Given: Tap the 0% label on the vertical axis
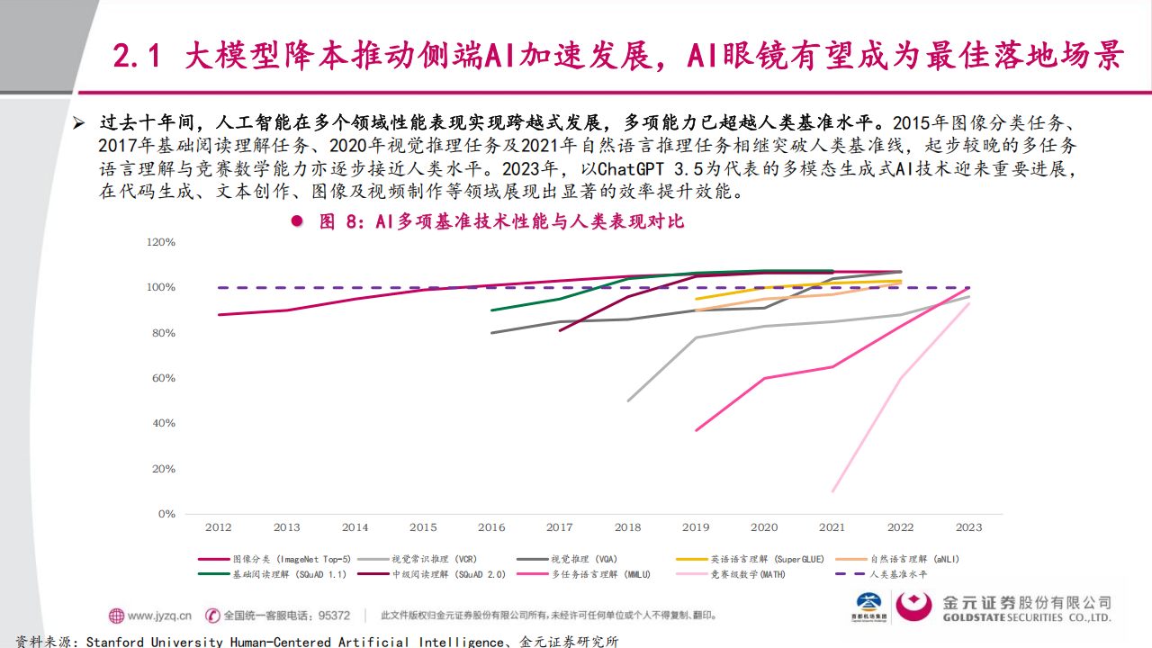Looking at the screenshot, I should (167, 514).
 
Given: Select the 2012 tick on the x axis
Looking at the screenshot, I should (219, 527).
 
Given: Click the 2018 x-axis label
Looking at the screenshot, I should (628, 527).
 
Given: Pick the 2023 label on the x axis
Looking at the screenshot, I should (969, 527).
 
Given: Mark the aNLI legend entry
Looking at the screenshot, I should (914, 559).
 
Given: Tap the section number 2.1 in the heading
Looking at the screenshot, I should (138, 57).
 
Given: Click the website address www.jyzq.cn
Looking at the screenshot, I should (159, 616).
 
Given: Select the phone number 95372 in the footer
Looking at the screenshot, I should (335, 616).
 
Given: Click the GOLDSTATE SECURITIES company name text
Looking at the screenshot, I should (1025, 618).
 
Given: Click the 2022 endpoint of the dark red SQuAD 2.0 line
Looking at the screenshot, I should (901, 272).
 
